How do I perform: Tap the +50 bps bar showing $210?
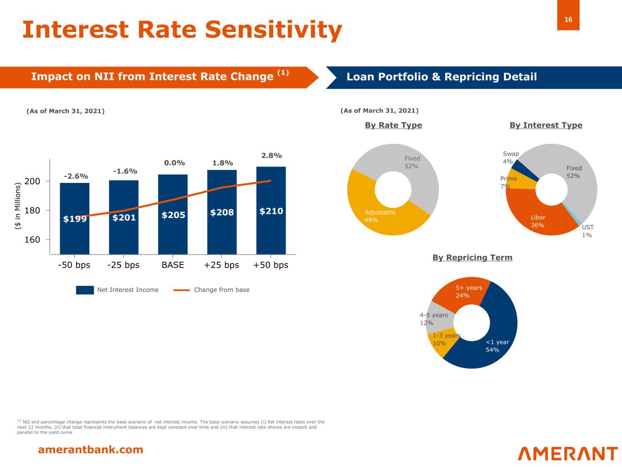[x=271, y=211]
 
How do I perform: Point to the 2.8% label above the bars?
[x=271, y=156]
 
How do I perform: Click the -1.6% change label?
[x=125, y=171]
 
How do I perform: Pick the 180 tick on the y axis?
[x=32, y=211]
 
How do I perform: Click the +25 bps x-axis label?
[x=221, y=265]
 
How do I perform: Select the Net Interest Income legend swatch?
[x=85, y=290]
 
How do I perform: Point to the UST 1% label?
[x=587, y=231]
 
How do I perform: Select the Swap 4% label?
[x=510, y=158]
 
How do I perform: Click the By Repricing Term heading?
[x=472, y=258]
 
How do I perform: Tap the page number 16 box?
[x=568, y=19]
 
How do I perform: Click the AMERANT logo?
[x=567, y=453]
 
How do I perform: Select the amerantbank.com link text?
[x=90, y=450]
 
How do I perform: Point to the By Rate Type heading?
[x=393, y=125]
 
